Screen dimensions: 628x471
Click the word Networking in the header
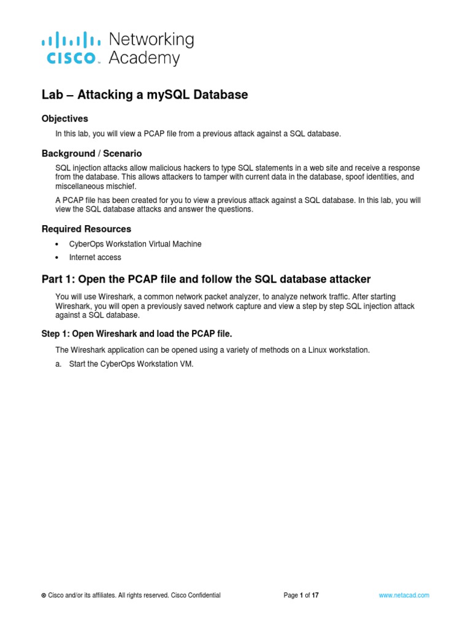pyautogui.click(x=151, y=40)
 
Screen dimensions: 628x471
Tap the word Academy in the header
pyautogui.click(x=144, y=59)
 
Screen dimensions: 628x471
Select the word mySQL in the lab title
pyautogui.click(x=159, y=95)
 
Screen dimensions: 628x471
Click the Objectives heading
pyautogui.click(x=65, y=118)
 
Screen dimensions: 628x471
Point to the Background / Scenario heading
pyautogui.click(x=92, y=153)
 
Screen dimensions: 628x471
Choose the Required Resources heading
pyautogui.click(x=86, y=229)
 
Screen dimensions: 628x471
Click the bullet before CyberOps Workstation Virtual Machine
pyautogui.click(x=57, y=244)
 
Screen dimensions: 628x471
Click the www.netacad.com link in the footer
pyautogui.click(x=404, y=595)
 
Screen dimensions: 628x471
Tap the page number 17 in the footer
pyautogui.click(x=315, y=595)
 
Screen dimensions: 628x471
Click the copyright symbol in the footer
pyautogui.click(x=44, y=595)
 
